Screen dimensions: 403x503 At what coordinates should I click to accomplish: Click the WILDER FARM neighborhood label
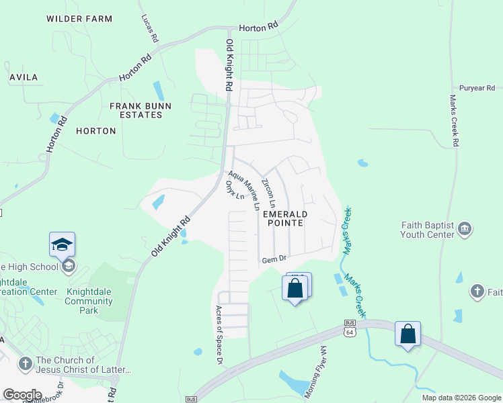(79, 19)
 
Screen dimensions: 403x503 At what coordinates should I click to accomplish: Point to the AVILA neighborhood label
(24, 77)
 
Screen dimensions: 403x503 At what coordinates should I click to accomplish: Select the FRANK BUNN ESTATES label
(141, 110)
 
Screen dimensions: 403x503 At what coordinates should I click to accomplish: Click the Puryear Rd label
(477, 88)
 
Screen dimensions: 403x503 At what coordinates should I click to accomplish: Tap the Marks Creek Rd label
(454, 120)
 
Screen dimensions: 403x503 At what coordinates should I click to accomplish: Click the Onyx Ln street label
(235, 190)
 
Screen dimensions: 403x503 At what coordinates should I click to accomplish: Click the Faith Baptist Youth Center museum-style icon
(465, 230)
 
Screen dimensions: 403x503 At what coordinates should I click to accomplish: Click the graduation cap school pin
(62, 244)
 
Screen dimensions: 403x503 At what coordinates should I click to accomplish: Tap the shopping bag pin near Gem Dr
(295, 289)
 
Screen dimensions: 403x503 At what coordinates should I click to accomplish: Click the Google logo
(22, 395)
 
